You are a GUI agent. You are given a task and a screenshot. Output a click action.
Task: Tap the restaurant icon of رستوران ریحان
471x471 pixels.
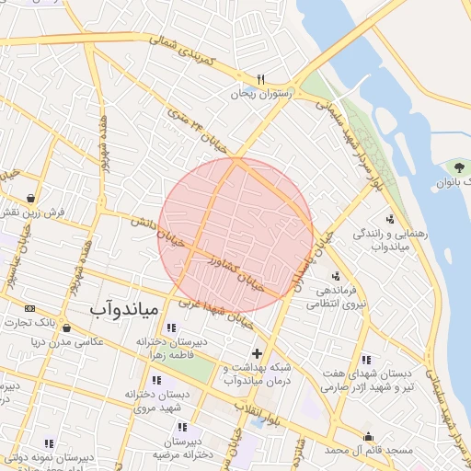pyautogui.click(x=260, y=79)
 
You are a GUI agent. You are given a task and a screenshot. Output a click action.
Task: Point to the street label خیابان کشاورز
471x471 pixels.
pyautogui.click(x=238, y=270)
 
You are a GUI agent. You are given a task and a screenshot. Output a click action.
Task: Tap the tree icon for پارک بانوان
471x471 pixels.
pyautogui.click(x=454, y=167)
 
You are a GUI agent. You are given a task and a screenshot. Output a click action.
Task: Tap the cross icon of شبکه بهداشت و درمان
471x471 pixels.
pyautogui.click(x=256, y=353)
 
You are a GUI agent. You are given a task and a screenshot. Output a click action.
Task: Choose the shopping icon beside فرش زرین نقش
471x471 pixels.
pyautogui.click(x=32, y=197)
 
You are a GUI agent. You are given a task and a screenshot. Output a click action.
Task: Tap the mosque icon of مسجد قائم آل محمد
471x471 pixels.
pyautogui.click(x=369, y=436)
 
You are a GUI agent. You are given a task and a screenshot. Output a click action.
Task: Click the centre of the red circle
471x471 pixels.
pyautogui.click(x=235, y=235)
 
